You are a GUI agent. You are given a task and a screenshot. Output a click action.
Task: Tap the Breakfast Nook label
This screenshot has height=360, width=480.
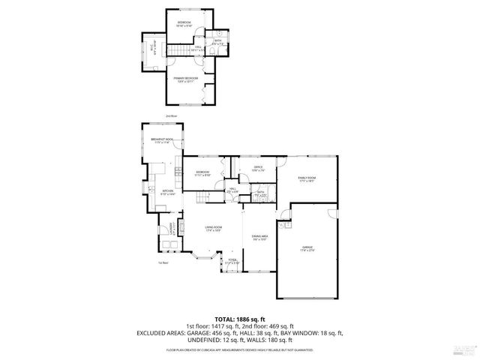[x=162, y=141]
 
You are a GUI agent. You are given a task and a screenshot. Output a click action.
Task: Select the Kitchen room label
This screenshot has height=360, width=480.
[x=168, y=192]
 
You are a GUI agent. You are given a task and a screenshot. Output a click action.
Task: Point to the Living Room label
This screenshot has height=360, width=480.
[x=213, y=229]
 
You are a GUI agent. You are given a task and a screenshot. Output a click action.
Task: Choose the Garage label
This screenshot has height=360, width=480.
[x=307, y=249]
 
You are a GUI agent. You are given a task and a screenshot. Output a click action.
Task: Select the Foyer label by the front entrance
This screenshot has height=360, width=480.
[x=232, y=262]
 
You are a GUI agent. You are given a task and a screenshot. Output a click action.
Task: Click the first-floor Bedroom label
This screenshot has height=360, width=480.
[x=202, y=173]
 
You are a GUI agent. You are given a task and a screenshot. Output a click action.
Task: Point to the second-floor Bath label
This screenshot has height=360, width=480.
[x=217, y=43]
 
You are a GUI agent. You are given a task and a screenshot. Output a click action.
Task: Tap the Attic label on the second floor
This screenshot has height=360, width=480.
[x=152, y=51]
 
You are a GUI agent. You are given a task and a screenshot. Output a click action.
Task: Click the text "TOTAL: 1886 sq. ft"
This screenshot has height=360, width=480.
[x=239, y=319]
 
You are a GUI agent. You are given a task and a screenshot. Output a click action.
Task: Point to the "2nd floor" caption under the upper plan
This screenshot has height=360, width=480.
[x=171, y=115]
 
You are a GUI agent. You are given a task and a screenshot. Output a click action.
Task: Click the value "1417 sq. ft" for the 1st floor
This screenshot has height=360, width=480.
[x=201, y=326]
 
